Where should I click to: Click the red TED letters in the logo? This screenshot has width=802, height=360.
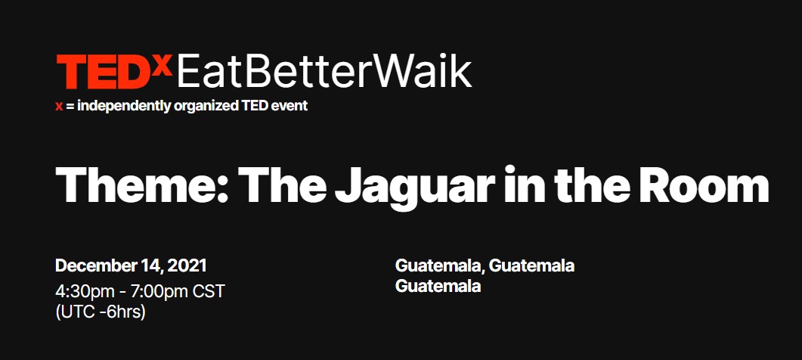pyautogui.click(x=104, y=71)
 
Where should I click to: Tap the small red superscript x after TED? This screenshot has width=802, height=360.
pyautogui.click(x=163, y=64)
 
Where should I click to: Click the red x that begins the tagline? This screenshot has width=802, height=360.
pyautogui.click(x=59, y=107)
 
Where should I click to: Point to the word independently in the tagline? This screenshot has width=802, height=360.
pyautogui.click(x=124, y=106)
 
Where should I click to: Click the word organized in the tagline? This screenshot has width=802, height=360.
pyautogui.click(x=206, y=107)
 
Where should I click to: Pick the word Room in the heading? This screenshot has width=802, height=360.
pyautogui.click(x=704, y=184)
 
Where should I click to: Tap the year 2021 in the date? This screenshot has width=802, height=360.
pyautogui.click(x=187, y=265)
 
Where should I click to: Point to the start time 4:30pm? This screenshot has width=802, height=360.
pyautogui.click(x=89, y=292)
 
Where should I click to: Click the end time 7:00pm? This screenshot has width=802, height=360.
pyautogui.click(x=159, y=292)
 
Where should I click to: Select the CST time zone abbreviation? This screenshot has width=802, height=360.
pyautogui.click(x=209, y=291)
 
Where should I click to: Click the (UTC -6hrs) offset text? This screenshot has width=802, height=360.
pyautogui.click(x=101, y=312)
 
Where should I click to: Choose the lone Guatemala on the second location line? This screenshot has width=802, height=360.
pyautogui.click(x=438, y=286)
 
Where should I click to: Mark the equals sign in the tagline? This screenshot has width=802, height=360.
pyautogui.click(x=70, y=107)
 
